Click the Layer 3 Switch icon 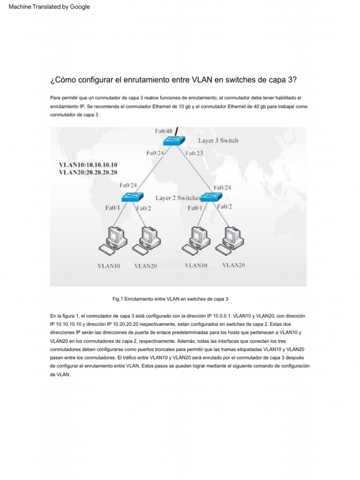[x=175, y=142]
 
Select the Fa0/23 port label [x=194, y=153]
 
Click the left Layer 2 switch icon [x=128, y=197]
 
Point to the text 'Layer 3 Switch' [x=218, y=140]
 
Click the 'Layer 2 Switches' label [x=178, y=198]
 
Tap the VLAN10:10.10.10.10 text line [x=88, y=165]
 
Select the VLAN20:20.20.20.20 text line [x=88, y=172]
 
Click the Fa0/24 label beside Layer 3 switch [x=155, y=153]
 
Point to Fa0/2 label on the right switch [x=225, y=206]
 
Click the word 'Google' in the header [x=80, y=7]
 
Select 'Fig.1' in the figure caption [x=117, y=299]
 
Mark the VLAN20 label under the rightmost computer [x=233, y=265]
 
